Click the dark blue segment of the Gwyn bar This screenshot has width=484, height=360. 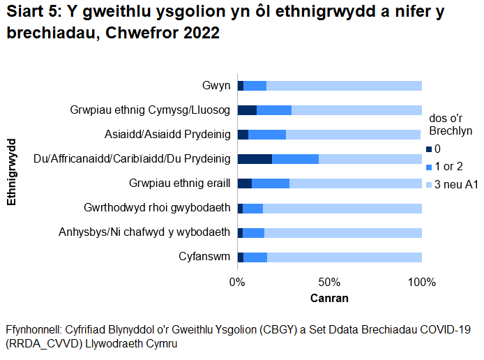(x=240, y=86)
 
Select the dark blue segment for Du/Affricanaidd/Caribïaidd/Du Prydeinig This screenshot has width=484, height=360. (x=255, y=159)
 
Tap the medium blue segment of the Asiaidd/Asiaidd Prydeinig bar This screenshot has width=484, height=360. (x=267, y=135)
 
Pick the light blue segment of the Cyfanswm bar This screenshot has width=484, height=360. (x=344, y=257)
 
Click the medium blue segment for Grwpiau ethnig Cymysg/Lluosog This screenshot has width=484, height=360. (x=274, y=110)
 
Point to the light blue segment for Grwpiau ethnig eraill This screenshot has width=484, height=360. (x=355, y=183)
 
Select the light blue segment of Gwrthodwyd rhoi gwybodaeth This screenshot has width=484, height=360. (x=342, y=208)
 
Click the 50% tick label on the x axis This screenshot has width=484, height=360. (x=329, y=283)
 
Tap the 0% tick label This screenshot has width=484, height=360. (x=237, y=283)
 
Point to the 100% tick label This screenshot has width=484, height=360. (x=421, y=283)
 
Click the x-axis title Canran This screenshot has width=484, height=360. (x=329, y=298)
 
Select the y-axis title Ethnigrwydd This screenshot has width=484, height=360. (x=11, y=172)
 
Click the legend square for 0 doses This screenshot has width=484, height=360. (x=430, y=149)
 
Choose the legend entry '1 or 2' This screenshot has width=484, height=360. (x=449, y=167)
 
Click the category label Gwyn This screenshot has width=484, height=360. (x=215, y=86)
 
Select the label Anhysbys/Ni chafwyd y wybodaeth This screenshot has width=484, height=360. (x=144, y=232)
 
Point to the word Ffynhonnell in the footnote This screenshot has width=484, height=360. (x=34, y=329)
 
